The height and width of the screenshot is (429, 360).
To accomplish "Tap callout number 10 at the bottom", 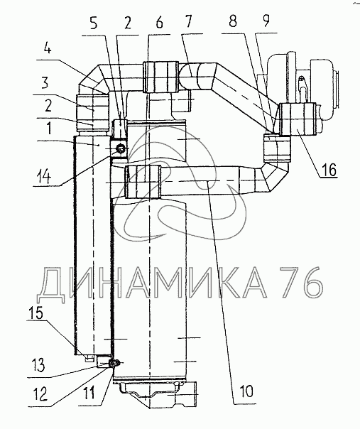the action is [x=246, y=391].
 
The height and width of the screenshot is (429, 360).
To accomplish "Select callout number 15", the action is [x=36, y=313].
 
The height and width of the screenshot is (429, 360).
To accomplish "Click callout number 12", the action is [x=40, y=394].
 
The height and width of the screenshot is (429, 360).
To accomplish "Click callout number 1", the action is [x=48, y=128].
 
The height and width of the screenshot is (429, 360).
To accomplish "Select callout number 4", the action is [x=48, y=49].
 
